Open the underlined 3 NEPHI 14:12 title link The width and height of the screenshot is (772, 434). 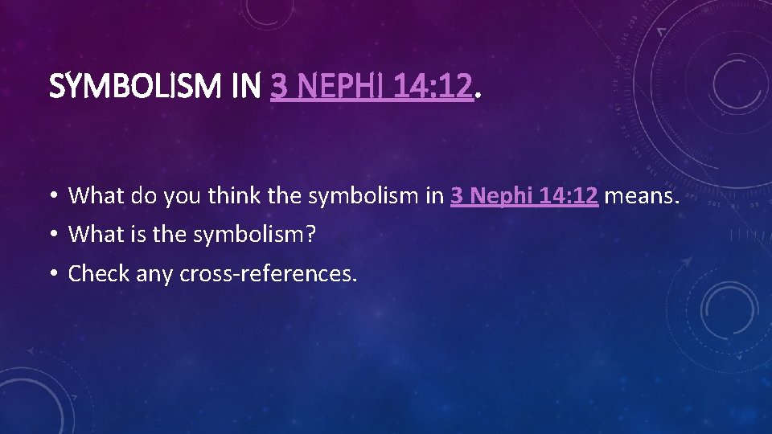coord(372,86)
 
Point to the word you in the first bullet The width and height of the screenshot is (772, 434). coord(180,195)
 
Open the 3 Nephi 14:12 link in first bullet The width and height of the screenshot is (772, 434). coord(524,195)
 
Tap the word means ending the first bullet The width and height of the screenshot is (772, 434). coord(641,195)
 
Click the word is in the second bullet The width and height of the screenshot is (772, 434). coord(133,235)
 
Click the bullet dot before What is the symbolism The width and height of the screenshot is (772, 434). coord(52,235)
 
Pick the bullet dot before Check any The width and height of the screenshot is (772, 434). coord(52,275)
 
